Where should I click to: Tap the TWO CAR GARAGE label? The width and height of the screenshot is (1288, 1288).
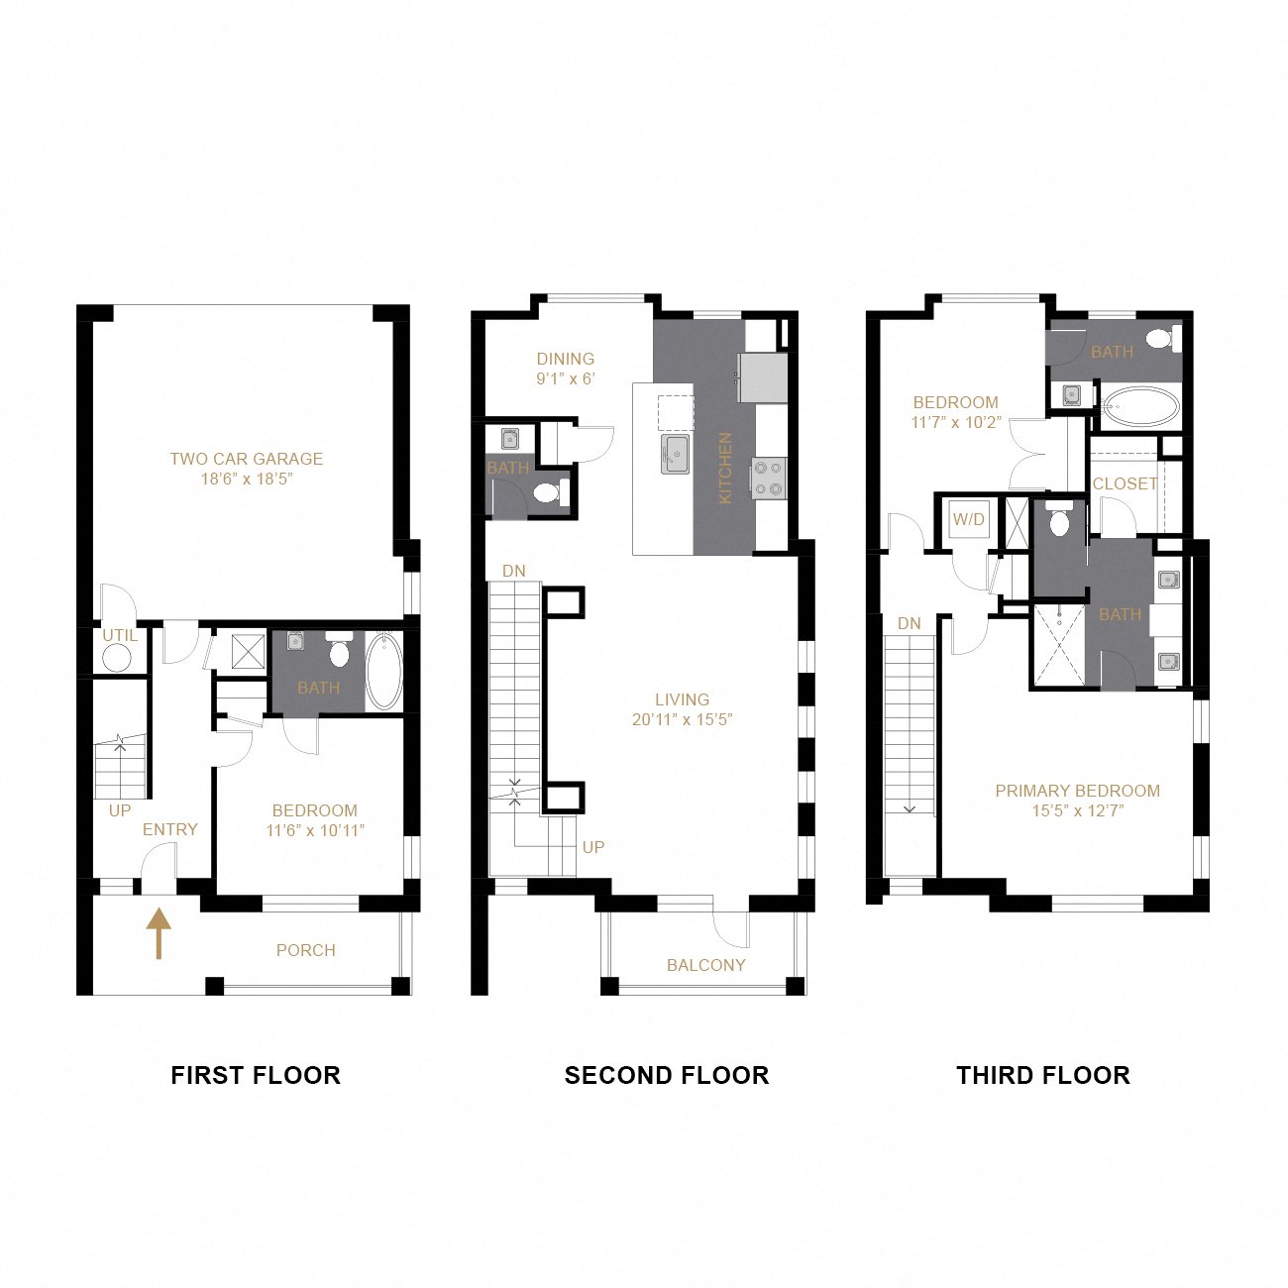246,459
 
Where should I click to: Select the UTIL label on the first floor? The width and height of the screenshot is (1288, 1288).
120,635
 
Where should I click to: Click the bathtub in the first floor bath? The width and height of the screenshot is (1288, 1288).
383,672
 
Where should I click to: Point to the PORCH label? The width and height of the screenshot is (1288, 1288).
305,950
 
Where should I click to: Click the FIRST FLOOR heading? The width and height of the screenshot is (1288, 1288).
256,1075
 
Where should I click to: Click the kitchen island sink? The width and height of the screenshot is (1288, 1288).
676,454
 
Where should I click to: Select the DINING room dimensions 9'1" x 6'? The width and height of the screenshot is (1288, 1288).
566,378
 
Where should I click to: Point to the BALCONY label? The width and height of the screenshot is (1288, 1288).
705,965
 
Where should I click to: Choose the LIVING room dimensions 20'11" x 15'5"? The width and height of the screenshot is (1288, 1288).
682,719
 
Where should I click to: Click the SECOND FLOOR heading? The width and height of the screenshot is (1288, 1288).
666,1075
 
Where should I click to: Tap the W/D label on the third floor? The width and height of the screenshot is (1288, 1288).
968,519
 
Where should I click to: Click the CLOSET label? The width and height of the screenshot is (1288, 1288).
1125,483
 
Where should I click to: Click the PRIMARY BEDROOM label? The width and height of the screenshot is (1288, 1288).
1077,791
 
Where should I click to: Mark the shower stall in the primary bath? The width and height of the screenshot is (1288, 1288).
1058,645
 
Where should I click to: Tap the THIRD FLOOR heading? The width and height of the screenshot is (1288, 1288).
1042,1075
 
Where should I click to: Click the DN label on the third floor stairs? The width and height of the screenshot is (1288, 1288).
909,623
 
